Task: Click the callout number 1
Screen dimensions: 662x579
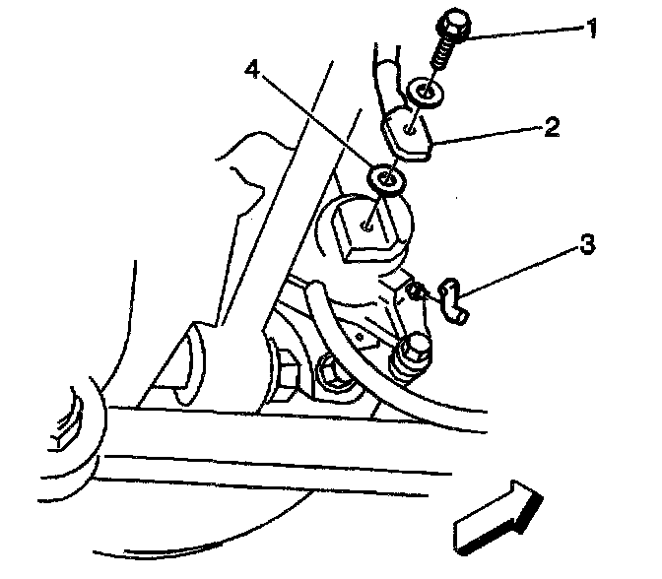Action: pyautogui.click(x=591, y=29)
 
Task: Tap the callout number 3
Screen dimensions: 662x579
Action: pyautogui.click(x=589, y=244)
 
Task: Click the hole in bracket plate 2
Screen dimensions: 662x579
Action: pyautogui.click(x=407, y=127)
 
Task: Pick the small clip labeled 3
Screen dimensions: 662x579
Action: pyautogui.click(x=448, y=297)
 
